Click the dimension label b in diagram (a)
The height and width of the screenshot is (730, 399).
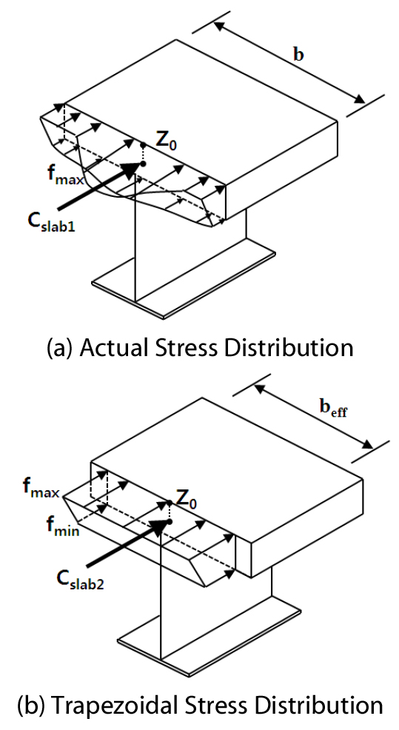[x=298, y=55]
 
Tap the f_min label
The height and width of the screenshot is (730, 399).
[x=62, y=526]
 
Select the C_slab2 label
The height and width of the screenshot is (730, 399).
[x=80, y=579]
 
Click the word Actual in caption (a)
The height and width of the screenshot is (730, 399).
[x=105, y=347]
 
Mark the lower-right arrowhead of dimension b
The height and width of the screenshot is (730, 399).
[x=360, y=100]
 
